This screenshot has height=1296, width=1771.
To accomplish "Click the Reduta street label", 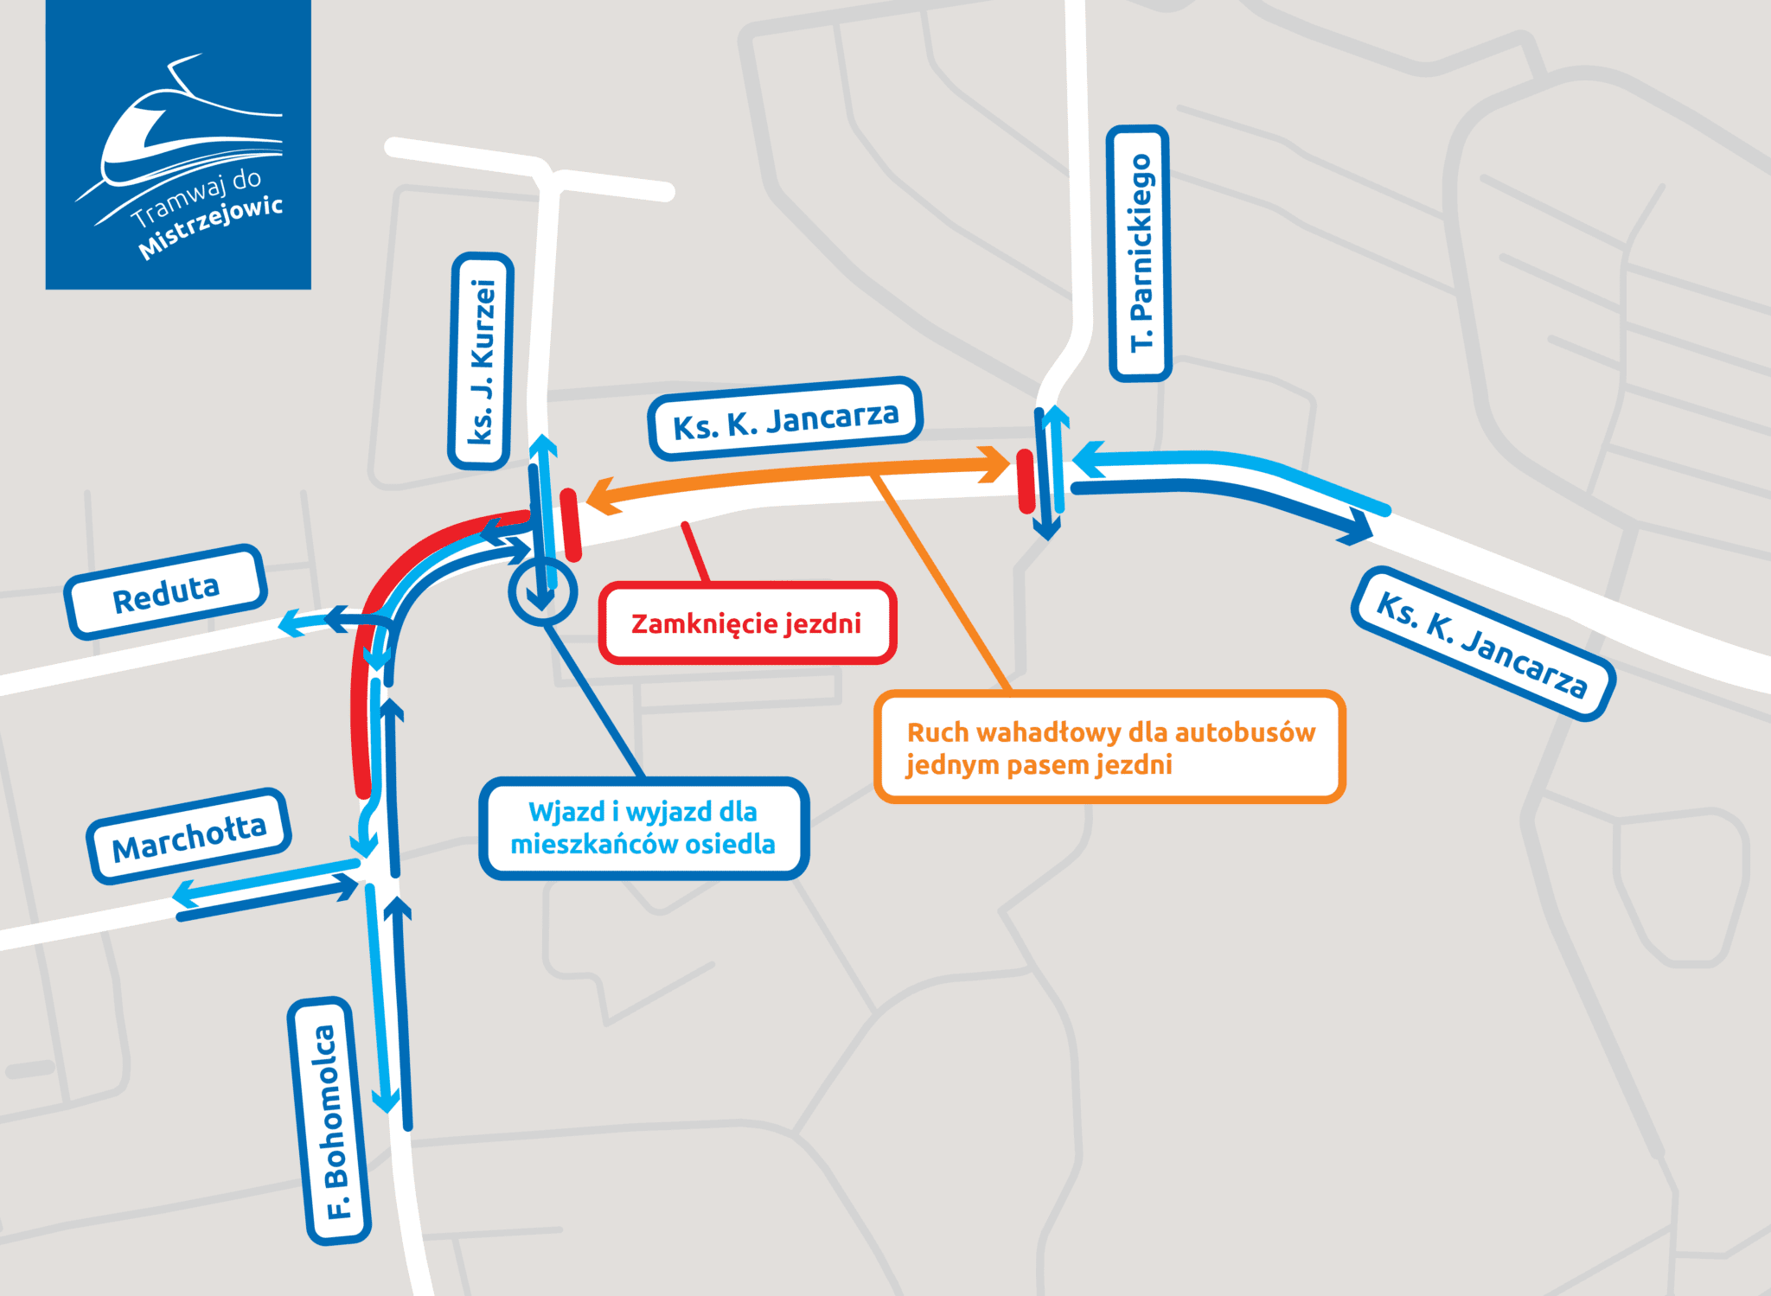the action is click(166, 592).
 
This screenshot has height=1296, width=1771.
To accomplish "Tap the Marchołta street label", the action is click(189, 836).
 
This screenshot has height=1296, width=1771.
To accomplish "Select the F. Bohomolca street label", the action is click(329, 1121).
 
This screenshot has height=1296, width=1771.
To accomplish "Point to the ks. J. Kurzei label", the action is click(481, 361).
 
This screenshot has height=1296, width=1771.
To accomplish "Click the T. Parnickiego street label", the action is click(1140, 253).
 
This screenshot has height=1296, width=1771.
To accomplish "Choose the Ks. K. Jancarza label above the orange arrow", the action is click(785, 419).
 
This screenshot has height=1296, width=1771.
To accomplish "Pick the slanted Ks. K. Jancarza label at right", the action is click(1482, 644).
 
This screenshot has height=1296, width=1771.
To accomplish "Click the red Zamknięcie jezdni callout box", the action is click(747, 623).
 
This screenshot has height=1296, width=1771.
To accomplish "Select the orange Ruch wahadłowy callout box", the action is click(1110, 747).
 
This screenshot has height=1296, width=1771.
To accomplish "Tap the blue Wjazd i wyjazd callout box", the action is click(643, 827).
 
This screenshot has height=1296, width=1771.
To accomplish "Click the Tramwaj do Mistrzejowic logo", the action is click(178, 144).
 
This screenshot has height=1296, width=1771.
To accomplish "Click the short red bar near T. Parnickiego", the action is click(1026, 481).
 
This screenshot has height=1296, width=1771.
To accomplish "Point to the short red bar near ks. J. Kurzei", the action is click(571, 525).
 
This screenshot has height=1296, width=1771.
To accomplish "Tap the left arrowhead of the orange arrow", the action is click(604, 496).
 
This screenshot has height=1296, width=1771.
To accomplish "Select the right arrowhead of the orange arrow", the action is click(994, 464).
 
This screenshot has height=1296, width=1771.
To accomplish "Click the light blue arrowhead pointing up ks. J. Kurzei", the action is click(543, 447).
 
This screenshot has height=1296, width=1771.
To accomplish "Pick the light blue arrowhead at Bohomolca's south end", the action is click(386, 1100).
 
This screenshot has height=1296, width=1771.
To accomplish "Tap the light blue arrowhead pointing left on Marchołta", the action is click(188, 895).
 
